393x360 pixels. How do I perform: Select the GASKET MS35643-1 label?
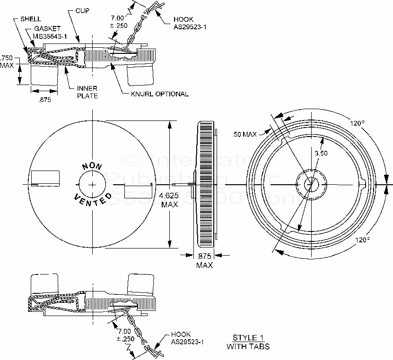point(49,33)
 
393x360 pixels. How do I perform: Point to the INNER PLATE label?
point(87,92)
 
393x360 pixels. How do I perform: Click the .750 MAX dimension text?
point(7,61)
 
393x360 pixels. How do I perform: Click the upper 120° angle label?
point(357,123)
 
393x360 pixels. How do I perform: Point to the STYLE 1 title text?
point(248,338)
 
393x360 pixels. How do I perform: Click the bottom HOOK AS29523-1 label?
point(187,338)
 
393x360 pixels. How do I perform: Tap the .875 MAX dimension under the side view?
point(204,260)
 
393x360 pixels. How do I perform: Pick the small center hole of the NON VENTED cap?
point(92,183)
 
